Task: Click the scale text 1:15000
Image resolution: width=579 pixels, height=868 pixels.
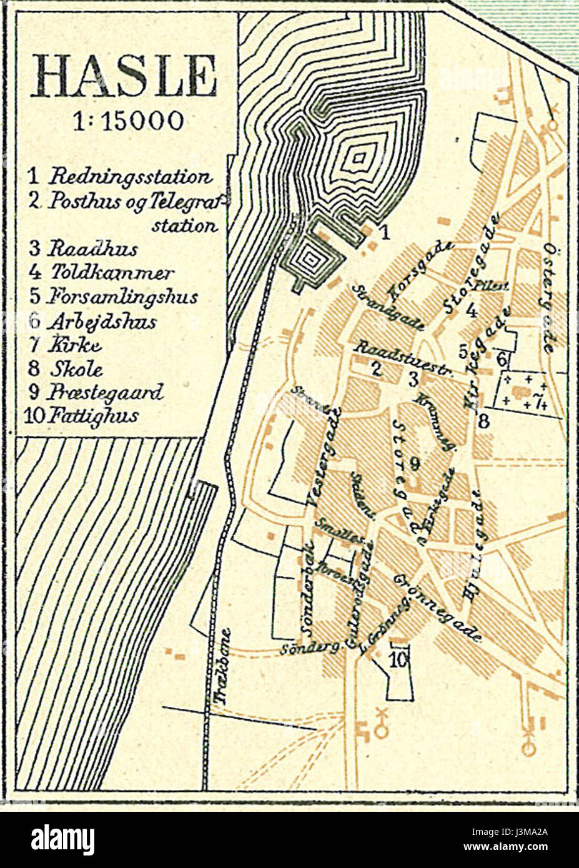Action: (x=128, y=121)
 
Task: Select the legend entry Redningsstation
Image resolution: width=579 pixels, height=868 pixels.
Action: (x=130, y=176)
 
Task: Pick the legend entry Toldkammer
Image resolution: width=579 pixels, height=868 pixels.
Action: (x=111, y=273)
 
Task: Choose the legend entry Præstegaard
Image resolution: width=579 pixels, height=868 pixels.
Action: (x=106, y=392)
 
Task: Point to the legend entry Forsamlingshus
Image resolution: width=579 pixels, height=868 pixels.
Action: (x=122, y=297)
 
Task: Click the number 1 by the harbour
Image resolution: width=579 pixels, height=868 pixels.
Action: (x=385, y=233)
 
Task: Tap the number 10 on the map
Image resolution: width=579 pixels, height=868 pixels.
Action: (x=398, y=658)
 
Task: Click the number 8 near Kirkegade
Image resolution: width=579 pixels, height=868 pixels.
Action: (x=484, y=422)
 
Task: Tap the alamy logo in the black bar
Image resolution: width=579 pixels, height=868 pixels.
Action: (x=62, y=839)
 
